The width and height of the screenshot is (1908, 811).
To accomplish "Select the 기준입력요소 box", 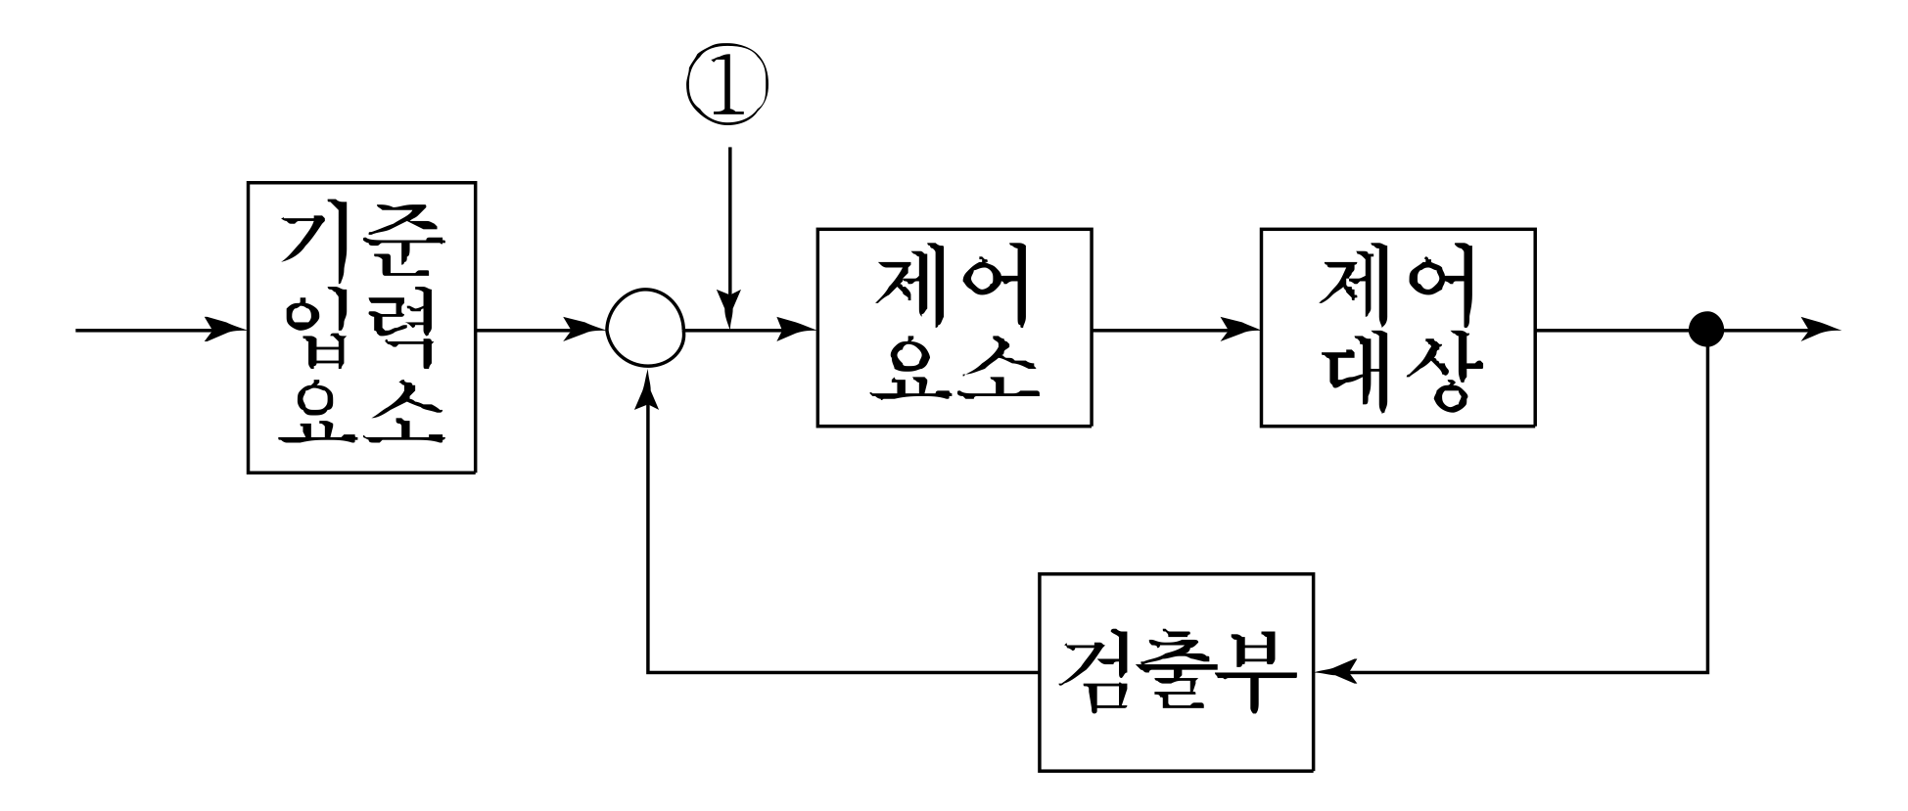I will pyautogui.click(x=361, y=328).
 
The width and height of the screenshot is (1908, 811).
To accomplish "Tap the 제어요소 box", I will pyautogui.click(x=954, y=328).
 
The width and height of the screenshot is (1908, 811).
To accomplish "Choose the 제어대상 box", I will pyautogui.click(x=1397, y=328).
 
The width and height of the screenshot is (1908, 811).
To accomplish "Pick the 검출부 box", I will pyautogui.click(x=1176, y=673).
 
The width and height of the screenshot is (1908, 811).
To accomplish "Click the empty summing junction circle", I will pyautogui.click(x=646, y=330).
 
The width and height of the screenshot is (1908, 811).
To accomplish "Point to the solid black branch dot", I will pyautogui.click(x=1707, y=329).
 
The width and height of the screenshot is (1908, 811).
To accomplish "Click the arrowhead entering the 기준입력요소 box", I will pyautogui.click(x=228, y=330).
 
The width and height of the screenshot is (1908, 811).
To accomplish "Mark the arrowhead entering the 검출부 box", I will pyautogui.click(x=1335, y=672).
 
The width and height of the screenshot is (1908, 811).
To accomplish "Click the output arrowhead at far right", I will pyautogui.click(x=1821, y=330).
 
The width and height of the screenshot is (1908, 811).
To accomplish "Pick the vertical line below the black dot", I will pyautogui.click(x=1708, y=509).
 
